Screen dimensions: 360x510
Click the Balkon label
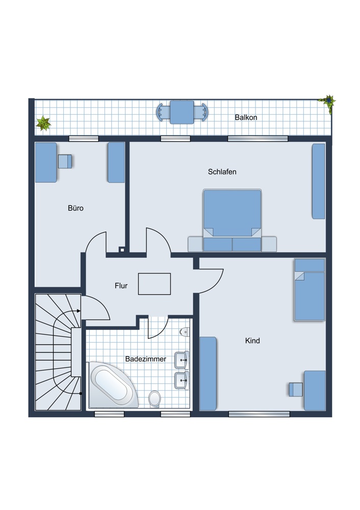pos(246,117)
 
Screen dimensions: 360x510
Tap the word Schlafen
pos(222,172)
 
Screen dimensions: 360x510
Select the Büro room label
pos(76,208)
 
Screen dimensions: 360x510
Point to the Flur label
pos(121,286)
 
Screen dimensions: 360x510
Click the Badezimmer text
pos(146,359)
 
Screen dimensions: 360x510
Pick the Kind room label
pos(252,341)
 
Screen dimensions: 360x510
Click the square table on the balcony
pos(182,112)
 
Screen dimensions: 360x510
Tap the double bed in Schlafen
pos(232,220)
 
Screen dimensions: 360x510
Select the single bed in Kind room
pos(310,290)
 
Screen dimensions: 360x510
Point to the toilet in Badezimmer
pos(155,399)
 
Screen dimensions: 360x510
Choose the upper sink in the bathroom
pos(182,360)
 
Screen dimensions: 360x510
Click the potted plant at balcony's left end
pos(43,123)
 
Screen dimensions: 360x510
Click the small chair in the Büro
pos(65,161)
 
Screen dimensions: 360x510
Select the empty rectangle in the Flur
pos(155,284)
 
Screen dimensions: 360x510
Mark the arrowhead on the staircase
pos(79,311)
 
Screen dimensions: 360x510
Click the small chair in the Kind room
pos(296,390)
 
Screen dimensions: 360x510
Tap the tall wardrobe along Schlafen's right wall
pos(319,182)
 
